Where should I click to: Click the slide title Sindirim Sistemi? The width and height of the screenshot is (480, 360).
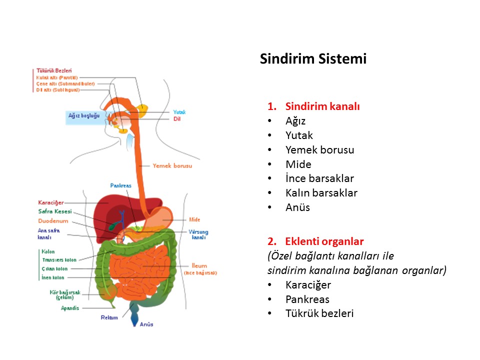coord(313,59)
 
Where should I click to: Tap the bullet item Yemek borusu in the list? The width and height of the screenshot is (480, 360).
coord(319,150)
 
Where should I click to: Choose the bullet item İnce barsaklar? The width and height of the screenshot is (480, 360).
coord(319,178)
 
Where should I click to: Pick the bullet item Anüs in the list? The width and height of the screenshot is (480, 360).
coord(297,207)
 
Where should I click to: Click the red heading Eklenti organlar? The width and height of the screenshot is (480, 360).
coord(324,241)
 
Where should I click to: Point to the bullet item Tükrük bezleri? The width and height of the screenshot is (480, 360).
coord(319,314)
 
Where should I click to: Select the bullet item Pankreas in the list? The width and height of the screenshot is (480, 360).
coord(307,299)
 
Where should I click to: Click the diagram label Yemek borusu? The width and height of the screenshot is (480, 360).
coord(172,165)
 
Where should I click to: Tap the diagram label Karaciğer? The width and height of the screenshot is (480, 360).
coord(51,202)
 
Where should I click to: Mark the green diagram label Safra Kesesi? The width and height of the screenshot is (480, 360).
coord(55,211)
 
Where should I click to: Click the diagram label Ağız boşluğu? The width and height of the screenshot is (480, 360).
coord(84,115)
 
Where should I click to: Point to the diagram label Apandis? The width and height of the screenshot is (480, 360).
coord(70,308)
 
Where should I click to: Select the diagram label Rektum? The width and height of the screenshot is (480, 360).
coord(109,317)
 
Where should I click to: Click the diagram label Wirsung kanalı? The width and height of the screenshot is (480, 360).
coord(198,235)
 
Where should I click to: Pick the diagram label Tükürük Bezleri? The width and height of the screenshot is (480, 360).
coord(54,71)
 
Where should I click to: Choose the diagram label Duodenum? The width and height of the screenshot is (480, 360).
coord(53,221)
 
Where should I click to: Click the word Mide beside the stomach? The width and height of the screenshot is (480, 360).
coord(194,219)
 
